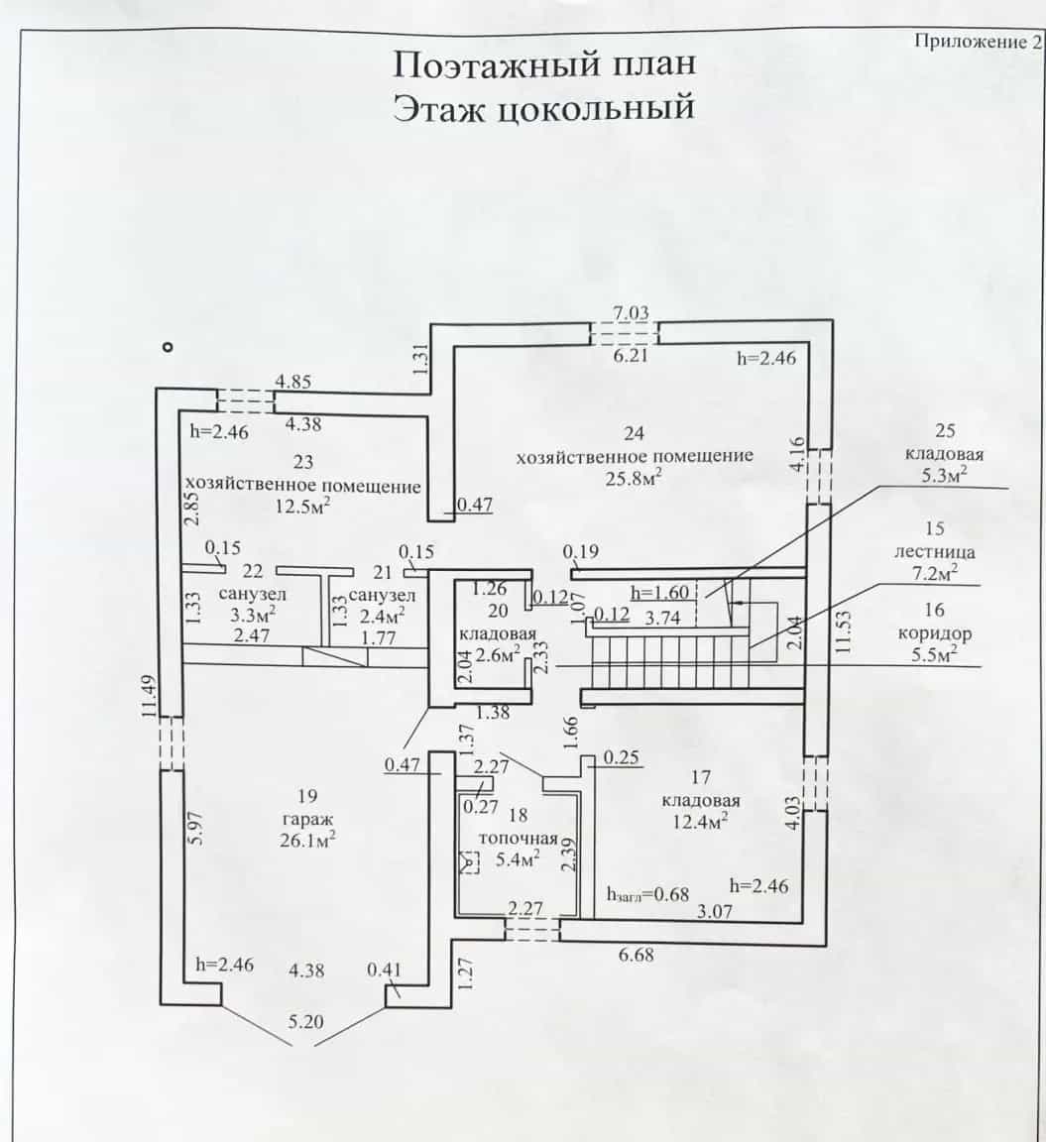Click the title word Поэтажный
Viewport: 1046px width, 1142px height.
click(x=496, y=64)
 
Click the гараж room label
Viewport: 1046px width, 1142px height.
click(x=306, y=819)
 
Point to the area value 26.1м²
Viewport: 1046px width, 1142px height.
click(x=306, y=841)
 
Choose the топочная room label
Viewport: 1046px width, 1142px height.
click(x=518, y=839)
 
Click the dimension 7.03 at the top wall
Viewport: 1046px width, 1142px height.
click(x=630, y=313)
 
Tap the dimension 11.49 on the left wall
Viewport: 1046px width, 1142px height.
click(x=149, y=697)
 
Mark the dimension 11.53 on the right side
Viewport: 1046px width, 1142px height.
click(x=844, y=632)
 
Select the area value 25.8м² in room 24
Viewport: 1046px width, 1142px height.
click(x=634, y=479)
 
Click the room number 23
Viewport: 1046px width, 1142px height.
click(x=303, y=462)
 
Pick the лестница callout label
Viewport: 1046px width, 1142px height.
click(x=935, y=552)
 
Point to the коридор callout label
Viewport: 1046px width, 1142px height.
click(x=935, y=632)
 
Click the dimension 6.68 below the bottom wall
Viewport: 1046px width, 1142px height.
click(x=636, y=955)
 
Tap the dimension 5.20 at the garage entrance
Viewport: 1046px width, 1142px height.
click(x=305, y=1022)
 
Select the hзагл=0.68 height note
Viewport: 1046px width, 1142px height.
click(x=647, y=894)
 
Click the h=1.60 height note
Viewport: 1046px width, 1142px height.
click(x=659, y=592)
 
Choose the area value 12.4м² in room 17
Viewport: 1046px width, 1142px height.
click(x=700, y=822)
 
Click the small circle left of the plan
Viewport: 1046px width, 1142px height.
click(x=169, y=347)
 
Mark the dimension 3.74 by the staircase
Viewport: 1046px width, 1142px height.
click(x=663, y=619)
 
